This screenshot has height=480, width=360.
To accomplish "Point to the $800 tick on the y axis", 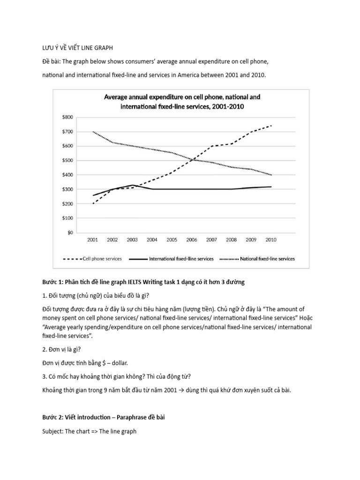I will tap(67, 117).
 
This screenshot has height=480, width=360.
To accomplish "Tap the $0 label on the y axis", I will tap(70, 232).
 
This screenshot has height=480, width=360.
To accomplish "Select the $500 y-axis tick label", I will tap(67, 160).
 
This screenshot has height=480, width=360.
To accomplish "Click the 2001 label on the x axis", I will tap(92, 240).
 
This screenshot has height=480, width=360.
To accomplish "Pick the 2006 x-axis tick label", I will tap(191, 240).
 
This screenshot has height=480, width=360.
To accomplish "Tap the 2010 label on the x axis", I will tap(270, 240).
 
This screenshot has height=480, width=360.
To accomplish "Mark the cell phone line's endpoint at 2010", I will tap(271, 126).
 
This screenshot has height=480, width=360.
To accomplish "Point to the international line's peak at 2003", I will tap(132, 185).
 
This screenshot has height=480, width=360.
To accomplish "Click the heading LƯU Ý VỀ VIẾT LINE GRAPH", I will tap(75, 48).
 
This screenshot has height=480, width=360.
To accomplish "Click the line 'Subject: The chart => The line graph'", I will tap(89, 431).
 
